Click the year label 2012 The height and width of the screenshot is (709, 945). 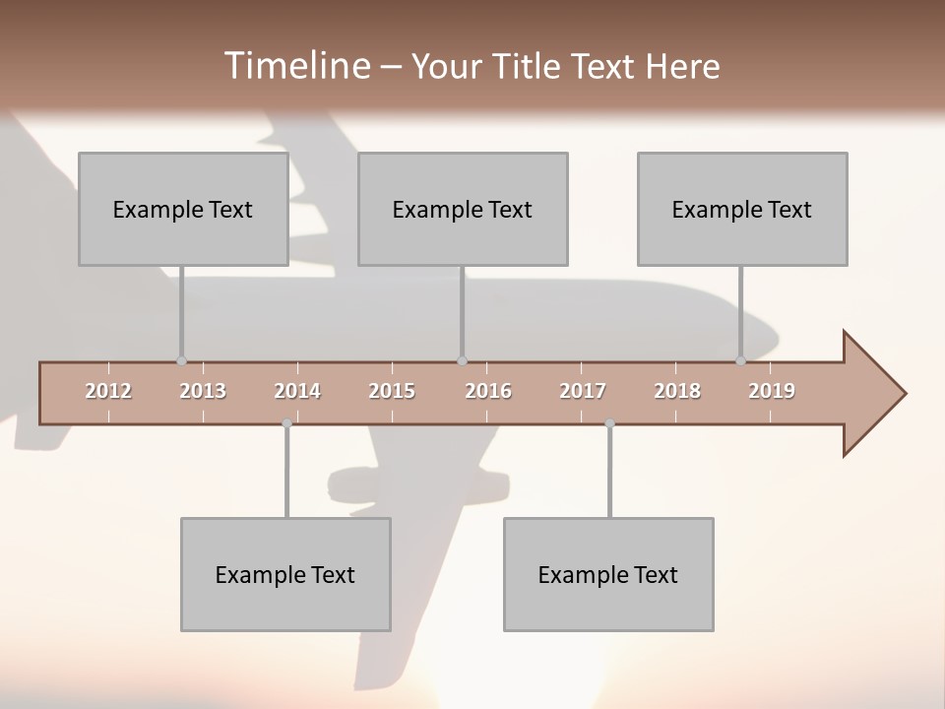[x=108, y=391]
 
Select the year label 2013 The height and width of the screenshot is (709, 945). [x=203, y=391]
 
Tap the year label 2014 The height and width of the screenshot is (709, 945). [x=297, y=391]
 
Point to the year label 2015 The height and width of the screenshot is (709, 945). [x=392, y=391]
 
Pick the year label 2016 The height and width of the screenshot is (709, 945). [x=488, y=391]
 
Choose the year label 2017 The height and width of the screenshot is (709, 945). [x=583, y=391]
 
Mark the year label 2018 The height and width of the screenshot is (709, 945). [x=677, y=391]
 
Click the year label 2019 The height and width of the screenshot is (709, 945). [x=772, y=391]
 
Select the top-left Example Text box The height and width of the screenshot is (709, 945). [x=183, y=209]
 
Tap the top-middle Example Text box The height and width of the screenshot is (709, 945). [x=463, y=209]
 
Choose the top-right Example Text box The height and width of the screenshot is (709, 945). [x=742, y=209]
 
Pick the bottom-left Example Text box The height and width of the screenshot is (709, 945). [x=285, y=574]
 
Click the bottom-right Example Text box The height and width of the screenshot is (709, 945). [x=608, y=574]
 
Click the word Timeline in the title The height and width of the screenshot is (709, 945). [x=296, y=65]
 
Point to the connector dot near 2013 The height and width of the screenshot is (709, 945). [x=181, y=360]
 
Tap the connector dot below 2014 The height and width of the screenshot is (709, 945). [x=286, y=423]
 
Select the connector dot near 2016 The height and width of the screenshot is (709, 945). [x=462, y=360]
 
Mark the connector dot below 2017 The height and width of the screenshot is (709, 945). [x=609, y=423]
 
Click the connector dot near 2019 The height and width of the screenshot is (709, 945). [x=741, y=360]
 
